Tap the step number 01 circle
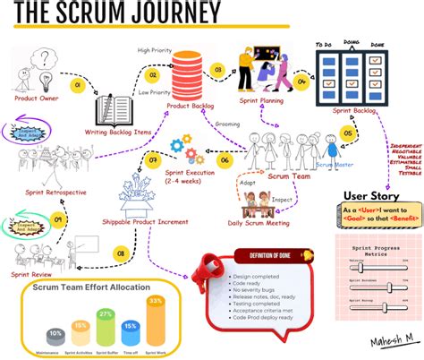[x=78, y=86]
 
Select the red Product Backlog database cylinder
[x=189, y=72]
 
